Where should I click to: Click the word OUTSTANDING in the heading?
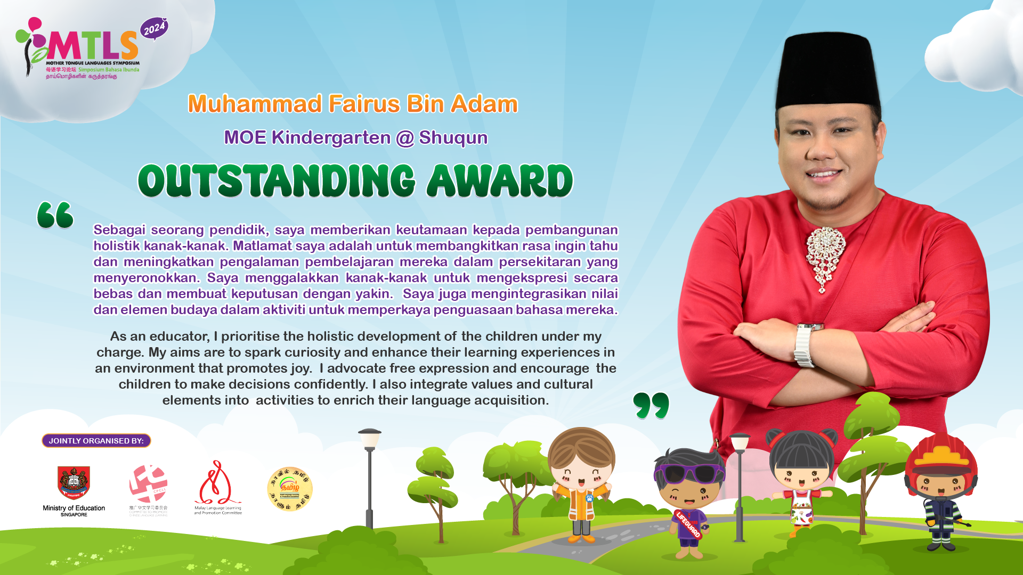[276, 181]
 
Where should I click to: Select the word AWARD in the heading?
[500, 181]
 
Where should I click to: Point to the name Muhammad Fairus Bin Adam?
[353, 104]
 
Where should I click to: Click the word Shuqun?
[453, 137]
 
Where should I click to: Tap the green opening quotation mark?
[55, 215]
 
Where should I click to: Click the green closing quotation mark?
[651, 406]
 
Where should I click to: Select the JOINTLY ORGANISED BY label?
[96, 441]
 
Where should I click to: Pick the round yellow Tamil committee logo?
[289, 489]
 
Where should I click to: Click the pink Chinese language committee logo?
[148, 483]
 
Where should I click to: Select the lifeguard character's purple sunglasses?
[690, 473]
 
